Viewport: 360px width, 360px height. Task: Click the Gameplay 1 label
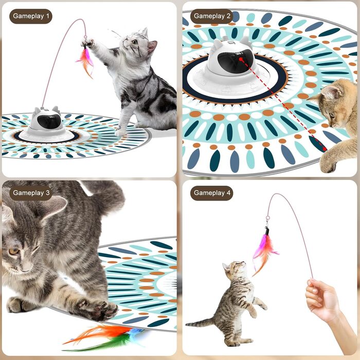coord(31,16)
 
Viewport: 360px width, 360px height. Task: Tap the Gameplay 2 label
coord(212,16)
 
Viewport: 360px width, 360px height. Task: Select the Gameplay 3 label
coord(31,193)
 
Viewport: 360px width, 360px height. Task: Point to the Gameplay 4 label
coord(212,193)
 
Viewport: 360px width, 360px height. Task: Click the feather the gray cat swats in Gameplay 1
coord(85,61)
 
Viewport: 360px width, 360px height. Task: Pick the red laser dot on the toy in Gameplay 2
coord(240,59)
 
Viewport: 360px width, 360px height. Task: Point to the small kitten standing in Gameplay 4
coord(234,303)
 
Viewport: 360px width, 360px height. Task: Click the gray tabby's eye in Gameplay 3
coord(13,251)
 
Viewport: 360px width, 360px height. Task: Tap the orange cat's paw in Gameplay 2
coord(328,162)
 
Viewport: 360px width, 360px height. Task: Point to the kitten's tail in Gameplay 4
coord(200,322)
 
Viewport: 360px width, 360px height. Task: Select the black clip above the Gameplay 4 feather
coord(267,231)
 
